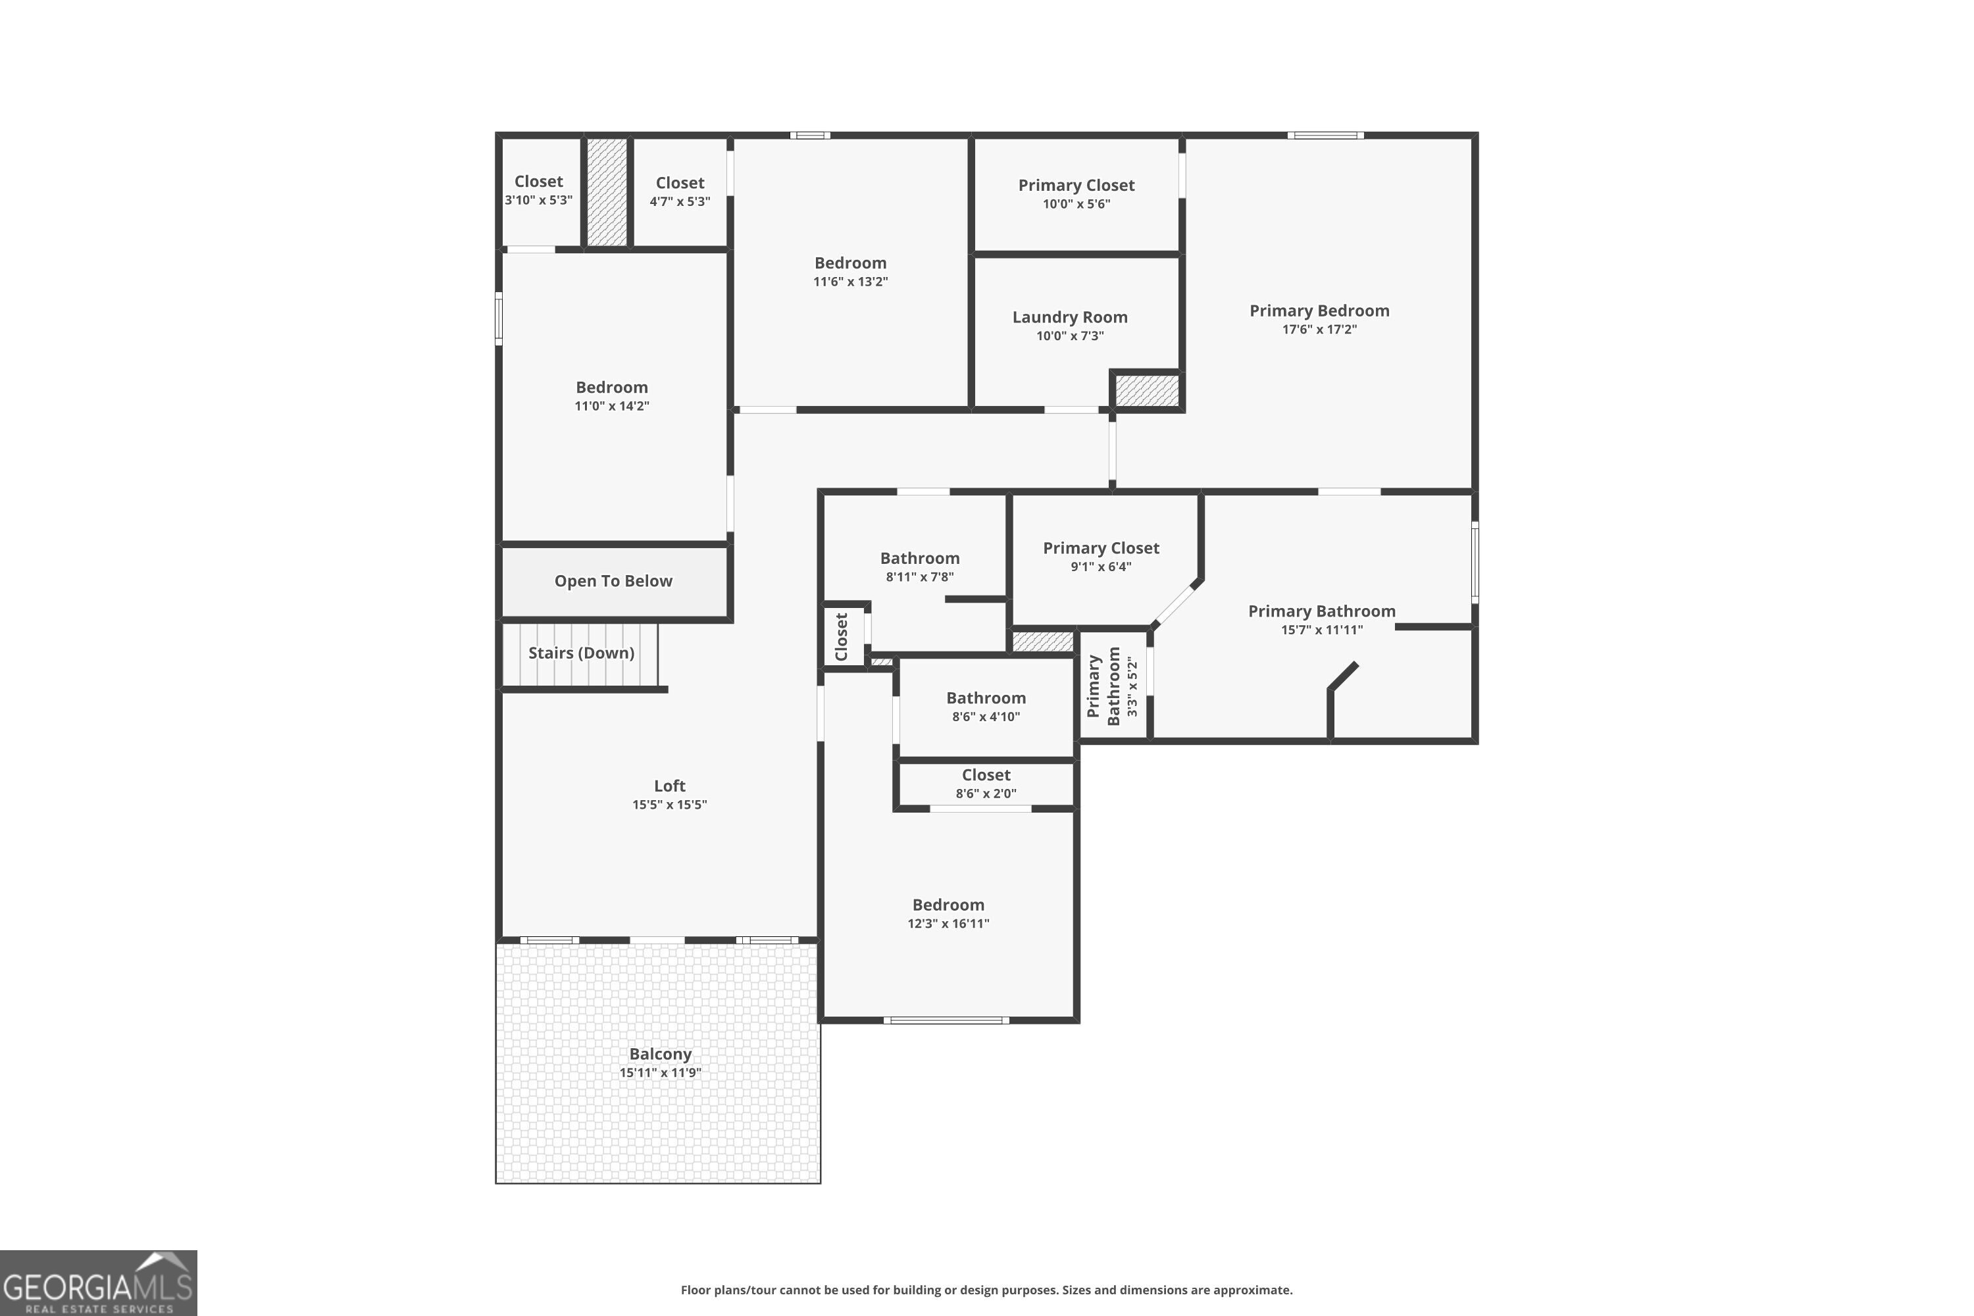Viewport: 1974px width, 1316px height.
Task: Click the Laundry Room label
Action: coord(1069,317)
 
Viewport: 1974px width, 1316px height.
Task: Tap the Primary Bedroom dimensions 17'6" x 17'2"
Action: coord(1319,330)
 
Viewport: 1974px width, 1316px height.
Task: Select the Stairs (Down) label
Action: coord(581,653)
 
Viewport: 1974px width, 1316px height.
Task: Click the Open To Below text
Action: coord(613,581)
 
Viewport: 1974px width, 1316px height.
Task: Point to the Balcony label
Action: coord(660,1054)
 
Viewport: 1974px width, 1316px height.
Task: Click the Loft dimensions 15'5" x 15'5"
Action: coord(669,805)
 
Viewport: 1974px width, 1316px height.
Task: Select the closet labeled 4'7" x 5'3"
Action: coord(679,191)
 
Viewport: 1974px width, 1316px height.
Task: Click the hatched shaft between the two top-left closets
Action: coord(606,192)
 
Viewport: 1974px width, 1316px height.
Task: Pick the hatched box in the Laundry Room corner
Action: coord(1146,391)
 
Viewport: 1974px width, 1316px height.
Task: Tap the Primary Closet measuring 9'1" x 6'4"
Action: coord(1100,557)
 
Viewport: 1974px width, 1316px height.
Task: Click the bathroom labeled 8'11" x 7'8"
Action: coord(919,567)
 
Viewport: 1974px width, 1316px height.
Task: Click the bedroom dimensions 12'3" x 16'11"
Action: coord(948,924)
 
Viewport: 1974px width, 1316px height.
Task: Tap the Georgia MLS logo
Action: coord(98,1282)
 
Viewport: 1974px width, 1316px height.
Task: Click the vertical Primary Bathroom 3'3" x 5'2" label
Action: coord(1113,686)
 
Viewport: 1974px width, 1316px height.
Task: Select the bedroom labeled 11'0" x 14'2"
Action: coord(611,396)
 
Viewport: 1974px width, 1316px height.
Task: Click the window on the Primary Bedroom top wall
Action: coord(1325,135)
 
